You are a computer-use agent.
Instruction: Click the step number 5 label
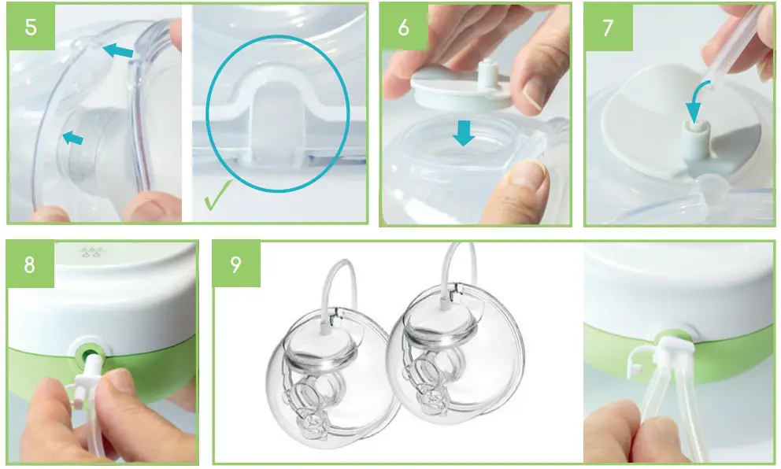point(31,28)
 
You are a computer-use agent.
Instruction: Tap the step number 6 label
point(403,28)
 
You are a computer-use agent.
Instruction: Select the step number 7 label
point(608,28)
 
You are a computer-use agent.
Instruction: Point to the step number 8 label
point(30,264)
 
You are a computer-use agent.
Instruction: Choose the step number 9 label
point(236,264)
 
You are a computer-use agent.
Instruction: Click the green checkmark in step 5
point(217,195)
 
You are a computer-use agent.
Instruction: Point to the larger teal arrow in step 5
point(117,50)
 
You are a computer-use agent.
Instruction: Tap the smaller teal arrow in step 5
point(72,138)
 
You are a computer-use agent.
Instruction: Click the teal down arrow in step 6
point(463,132)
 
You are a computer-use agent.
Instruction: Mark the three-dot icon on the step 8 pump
point(91,253)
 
